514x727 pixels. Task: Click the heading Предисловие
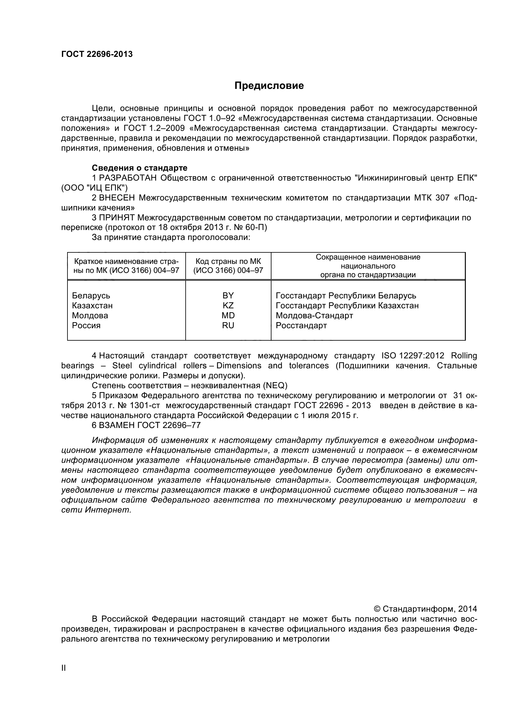[x=269, y=86]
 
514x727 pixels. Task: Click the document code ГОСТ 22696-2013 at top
[x=97, y=54]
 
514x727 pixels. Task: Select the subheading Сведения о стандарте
[x=139, y=168]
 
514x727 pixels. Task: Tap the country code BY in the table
[x=228, y=295]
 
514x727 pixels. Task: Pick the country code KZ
[x=228, y=306]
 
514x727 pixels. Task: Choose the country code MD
[x=228, y=315]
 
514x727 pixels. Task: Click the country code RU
[x=228, y=325]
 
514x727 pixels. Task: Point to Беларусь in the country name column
[x=91, y=296]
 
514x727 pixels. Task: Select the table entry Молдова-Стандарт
[x=314, y=315]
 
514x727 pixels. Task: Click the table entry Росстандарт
[x=301, y=325]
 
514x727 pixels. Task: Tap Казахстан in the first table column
[x=92, y=306]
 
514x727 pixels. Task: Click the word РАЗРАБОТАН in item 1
[x=128, y=178]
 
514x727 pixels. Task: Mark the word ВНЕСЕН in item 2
[x=117, y=198]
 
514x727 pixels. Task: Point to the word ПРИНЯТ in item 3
[x=117, y=218]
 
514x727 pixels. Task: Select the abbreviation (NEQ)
[x=275, y=386]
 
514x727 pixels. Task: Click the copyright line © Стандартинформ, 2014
[x=425, y=609]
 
